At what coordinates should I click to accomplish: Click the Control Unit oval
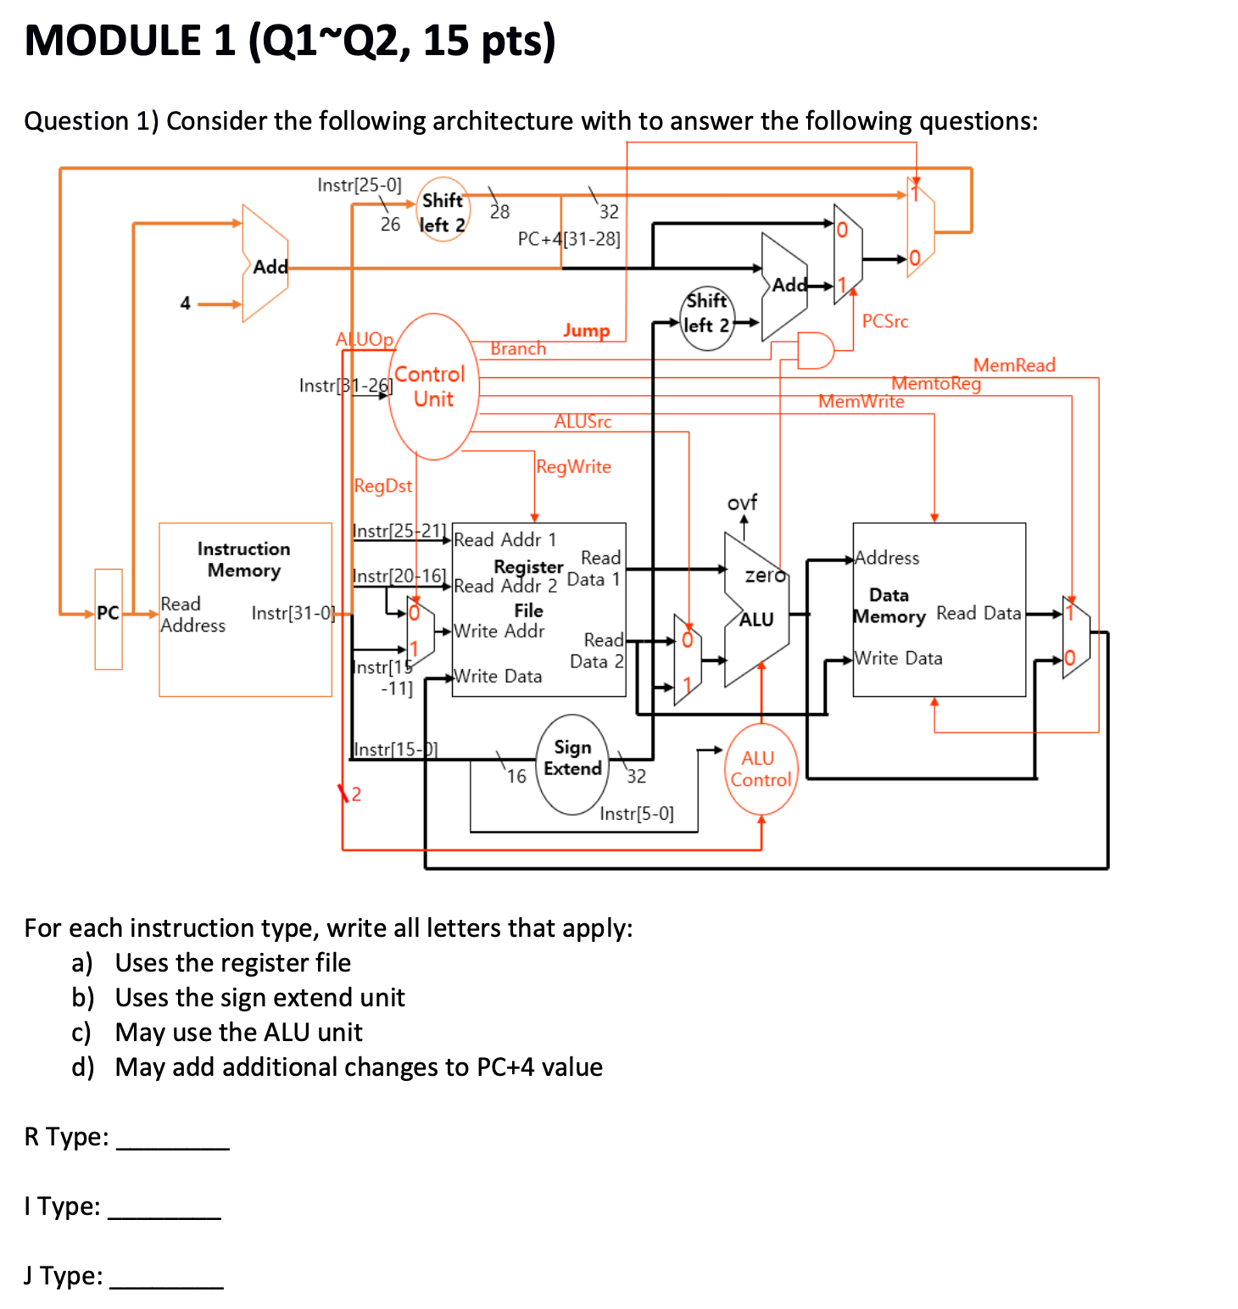click(x=433, y=387)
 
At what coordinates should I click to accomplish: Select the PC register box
click(x=109, y=618)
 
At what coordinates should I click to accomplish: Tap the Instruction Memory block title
click(x=243, y=560)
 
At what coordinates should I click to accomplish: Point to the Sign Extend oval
click(x=572, y=764)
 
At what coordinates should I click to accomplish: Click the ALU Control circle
click(x=761, y=769)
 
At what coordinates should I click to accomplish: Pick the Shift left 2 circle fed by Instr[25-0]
click(x=443, y=210)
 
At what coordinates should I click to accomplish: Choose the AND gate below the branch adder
click(x=815, y=350)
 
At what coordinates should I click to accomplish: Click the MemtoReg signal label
click(x=935, y=383)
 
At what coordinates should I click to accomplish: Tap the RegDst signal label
click(x=382, y=486)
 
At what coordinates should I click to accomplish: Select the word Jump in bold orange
click(x=586, y=330)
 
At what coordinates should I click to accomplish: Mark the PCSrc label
click(x=884, y=321)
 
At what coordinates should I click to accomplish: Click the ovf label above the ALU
click(x=742, y=502)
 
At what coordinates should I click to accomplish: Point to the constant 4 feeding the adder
click(x=185, y=303)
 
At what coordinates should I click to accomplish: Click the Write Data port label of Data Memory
click(x=898, y=658)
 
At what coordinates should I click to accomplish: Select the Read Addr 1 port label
click(x=505, y=539)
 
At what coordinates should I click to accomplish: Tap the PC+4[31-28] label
click(x=569, y=238)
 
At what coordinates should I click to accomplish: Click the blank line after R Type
click(x=172, y=1139)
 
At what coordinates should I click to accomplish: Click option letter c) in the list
click(x=81, y=1033)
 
